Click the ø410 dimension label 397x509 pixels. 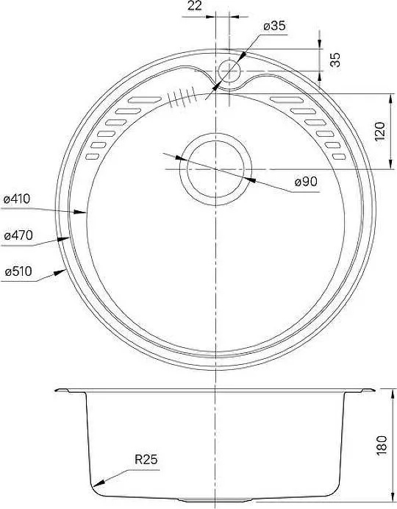(x=16, y=199)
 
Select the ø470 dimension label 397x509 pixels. (x=18, y=235)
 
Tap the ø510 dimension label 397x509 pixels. (x=18, y=271)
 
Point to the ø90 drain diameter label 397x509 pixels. (x=306, y=182)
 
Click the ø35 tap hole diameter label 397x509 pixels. (x=275, y=26)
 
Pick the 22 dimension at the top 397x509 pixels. (x=195, y=6)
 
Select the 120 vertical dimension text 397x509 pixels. (x=380, y=131)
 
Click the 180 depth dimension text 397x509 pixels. (x=382, y=446)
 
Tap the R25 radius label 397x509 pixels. (x=146, y=459)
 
